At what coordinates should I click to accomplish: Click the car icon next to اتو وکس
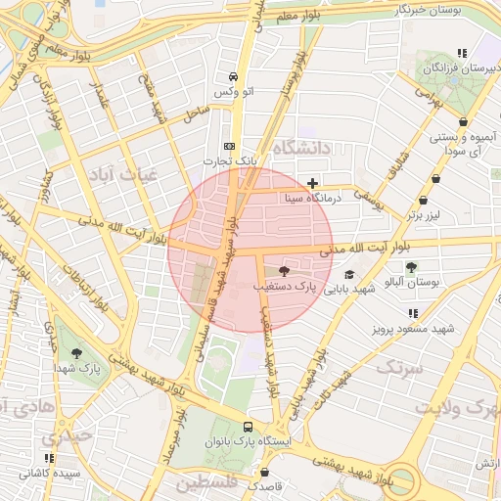[233, 76]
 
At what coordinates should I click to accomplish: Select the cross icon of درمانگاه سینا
[312, 182]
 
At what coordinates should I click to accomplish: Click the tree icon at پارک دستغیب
[284, 271]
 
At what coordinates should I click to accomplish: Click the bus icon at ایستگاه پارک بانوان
[248, 427]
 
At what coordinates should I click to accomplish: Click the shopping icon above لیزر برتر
[434, 180]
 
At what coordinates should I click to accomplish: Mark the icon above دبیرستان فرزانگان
[461, 54]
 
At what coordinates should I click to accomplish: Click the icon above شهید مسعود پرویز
[413, 313]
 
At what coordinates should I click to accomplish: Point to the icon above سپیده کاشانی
[49, 457]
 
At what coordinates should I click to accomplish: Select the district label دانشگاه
[304, 148]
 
